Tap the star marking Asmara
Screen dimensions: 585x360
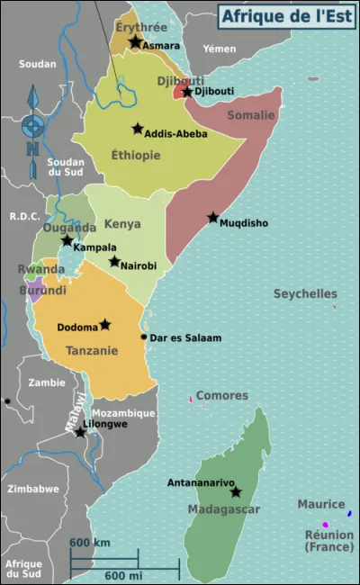[135, 42]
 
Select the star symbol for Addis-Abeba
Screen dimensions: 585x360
[138, 129]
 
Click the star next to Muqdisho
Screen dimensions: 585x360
[213, 217]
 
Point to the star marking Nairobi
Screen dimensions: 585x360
[114, 261]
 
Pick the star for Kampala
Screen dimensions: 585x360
[67, 240]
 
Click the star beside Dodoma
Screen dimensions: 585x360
[105, 324]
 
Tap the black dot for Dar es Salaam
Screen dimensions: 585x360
[144, 337]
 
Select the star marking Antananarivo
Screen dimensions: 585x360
[236, 492]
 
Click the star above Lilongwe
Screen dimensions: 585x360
[80, 433]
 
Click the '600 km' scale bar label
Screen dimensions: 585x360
[90, 543]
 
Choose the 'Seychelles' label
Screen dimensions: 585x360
[305, 293]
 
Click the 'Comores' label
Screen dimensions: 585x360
[221, 395]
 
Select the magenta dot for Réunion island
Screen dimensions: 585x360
[325, 525]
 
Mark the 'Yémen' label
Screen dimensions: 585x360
[220, 48]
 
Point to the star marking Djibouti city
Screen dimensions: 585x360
[187, 92]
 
